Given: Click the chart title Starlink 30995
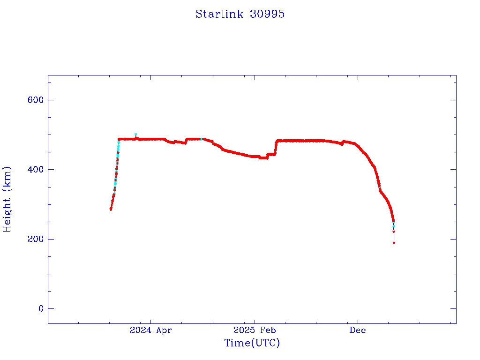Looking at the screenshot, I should click(x=240, y=14).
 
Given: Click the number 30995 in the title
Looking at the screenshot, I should click(x=268, y=14).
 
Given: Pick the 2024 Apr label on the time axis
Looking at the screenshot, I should click(x=150, y=330).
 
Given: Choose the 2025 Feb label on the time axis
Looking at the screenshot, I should click(x=254, y=330).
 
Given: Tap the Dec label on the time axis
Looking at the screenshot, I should click(x=358, y=330).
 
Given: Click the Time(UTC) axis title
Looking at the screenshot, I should click(x=252, y=343).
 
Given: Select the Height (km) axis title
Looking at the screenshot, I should click(x=7, y=199).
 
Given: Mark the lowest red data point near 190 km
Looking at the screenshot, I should click(x=394, y=242).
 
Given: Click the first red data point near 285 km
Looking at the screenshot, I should click(x=111, y=209).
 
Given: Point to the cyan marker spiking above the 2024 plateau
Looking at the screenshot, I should click(x=135, y=135).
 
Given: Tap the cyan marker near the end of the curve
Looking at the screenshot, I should click(x=393, y=225).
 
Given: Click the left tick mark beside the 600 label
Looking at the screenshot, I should click(x=51, y=100).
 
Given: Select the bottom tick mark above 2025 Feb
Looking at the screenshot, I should click(x=254, y=320).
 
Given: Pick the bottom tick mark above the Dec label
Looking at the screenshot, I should click(x=358, y=320).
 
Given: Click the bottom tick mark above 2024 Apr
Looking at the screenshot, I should click(x=150, y=320).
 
